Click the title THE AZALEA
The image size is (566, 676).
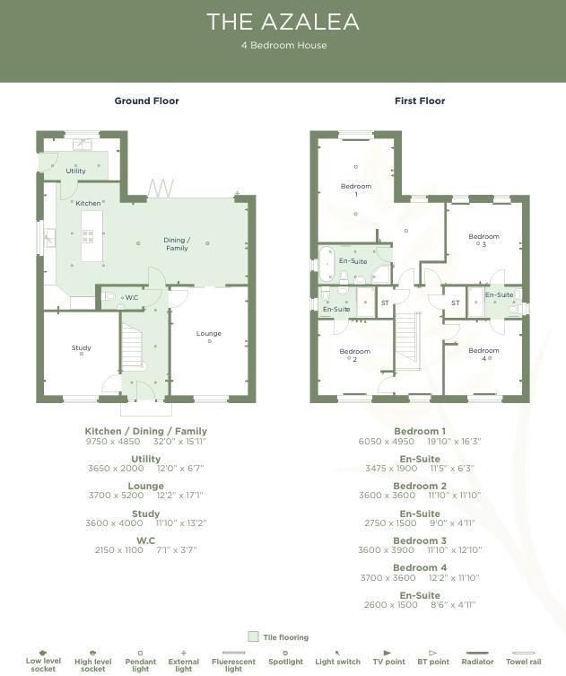(283, 22)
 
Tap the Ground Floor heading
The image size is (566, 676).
(146, 101)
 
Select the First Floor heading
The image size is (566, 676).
(420, 101)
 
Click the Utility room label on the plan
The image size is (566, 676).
(76, 171)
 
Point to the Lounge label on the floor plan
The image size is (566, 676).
(209, 334)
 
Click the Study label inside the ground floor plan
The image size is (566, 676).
(82, 348)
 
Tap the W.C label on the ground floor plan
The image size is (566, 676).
(132, 297)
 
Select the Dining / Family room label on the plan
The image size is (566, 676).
(177, 244)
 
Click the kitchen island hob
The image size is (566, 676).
(88, 237)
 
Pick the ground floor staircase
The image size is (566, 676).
(132, 347)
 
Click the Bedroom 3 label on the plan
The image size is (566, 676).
(483, 241)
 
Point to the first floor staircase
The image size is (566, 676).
(408, 344)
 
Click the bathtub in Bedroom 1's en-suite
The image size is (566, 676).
(327, 261)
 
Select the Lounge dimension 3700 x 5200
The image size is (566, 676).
(116, 496)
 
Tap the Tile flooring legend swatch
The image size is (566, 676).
(253, 637)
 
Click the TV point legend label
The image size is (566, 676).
(387, 663)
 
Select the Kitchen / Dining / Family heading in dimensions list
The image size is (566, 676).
(146, 431)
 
